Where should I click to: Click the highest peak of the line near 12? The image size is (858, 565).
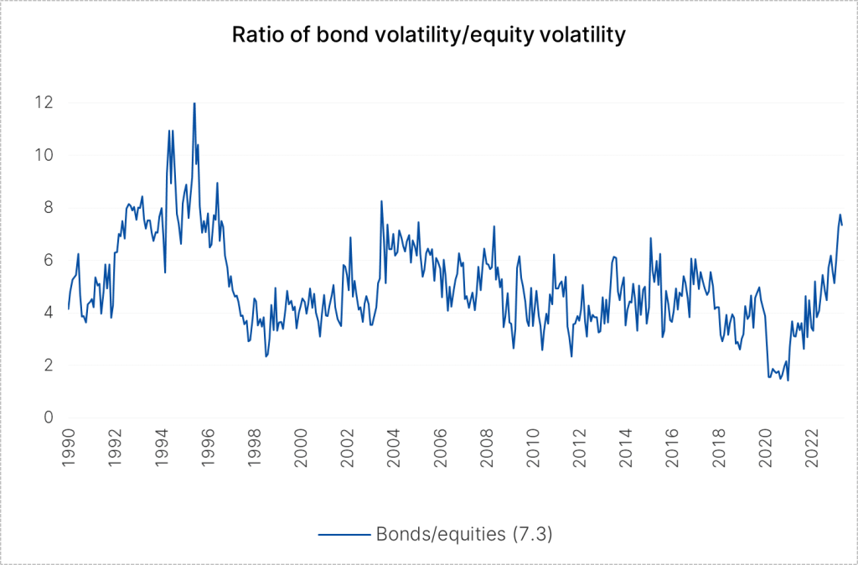tap(194, 104)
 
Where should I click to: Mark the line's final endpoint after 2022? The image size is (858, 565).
tap(842, 225)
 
